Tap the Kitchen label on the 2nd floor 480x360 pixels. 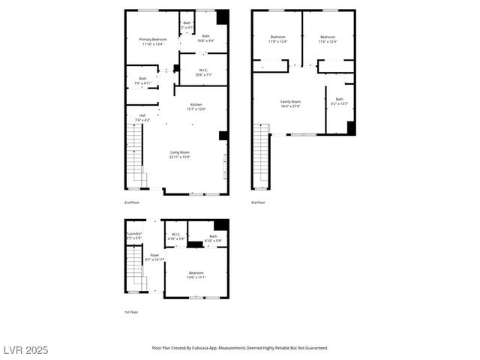point(196,104)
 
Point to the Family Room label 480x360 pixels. point(290,101)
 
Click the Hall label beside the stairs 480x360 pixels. point(142,115)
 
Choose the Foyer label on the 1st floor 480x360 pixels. point(154,255)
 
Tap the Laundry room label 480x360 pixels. point(134,233)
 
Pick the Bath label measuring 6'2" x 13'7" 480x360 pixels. point(339,99)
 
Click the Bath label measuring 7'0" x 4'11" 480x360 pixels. point(142,79)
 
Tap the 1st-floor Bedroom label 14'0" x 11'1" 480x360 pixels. point(196,273)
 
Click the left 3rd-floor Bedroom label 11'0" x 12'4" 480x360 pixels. point(277,37)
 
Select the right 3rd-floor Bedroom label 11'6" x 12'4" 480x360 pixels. point(328,37)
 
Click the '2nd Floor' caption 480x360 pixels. point(131,202)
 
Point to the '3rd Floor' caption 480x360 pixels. point(258,202)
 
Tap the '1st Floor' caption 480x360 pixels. point(131,312)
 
